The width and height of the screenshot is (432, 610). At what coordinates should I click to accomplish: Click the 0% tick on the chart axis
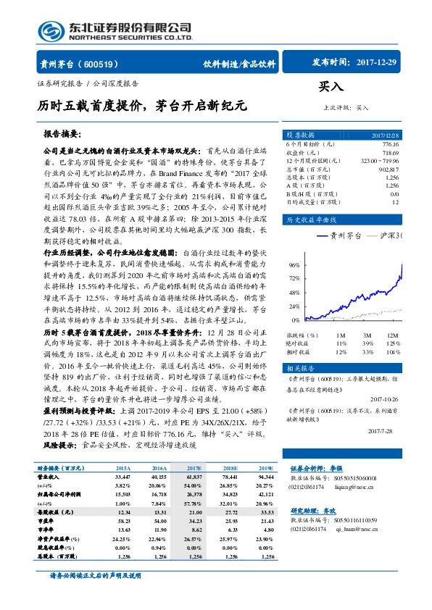[296, 319]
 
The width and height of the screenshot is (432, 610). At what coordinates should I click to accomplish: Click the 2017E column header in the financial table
[194, 469]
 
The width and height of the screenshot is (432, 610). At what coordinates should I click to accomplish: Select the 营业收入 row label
[49, 477]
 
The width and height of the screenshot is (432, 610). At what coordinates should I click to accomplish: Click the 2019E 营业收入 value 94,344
[265, 477]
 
